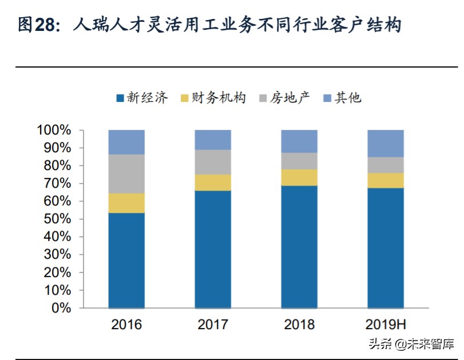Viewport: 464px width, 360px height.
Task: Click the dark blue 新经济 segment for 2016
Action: pyautogui.click(x=126, y=260)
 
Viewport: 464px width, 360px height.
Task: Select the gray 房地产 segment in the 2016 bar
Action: pyautogui.click(x=126, y=174)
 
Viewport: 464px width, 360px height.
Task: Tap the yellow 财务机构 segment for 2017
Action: pyautogui.click(x=213, y=183)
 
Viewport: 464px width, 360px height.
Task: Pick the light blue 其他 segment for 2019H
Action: pyautogui.click(x=385, y=143)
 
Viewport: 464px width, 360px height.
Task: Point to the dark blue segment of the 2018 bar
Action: pyautogui.click(x=299, y=247)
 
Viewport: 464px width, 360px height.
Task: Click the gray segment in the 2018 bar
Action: pyautogui.click(x=299, y=161)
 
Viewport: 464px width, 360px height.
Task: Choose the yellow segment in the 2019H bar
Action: pyautogui.click(x=385, y=180)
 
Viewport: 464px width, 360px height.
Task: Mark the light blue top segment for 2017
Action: pyautogui.click(x=213, y=140)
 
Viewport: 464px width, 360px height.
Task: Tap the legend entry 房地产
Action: pyautogui.click(x=286, y=98)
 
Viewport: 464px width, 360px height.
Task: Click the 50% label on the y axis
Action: pyautogui.click(x=57, y=219)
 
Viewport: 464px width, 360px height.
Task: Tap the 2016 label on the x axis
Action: pyautogui.click(x=126, y=325)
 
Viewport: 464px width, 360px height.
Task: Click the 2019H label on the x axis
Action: pyautogui.click(x=385, y=325)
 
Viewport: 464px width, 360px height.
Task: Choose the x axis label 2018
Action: pyautogui.click(x=299, y=325)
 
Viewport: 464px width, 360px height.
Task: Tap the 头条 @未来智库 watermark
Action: pyautogui.click(x=410, y=345)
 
